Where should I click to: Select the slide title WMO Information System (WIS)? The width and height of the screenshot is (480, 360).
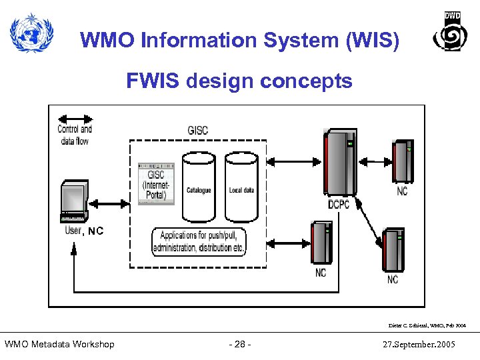coord(240,41)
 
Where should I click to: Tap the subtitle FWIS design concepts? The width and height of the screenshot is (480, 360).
coord(239,81)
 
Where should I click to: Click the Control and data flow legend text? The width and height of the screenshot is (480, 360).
coord(75,135)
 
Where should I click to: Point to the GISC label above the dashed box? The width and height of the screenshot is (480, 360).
coord(198,130)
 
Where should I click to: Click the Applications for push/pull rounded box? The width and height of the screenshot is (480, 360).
coord(199,242)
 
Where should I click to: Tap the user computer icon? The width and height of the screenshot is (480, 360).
coord(74,200)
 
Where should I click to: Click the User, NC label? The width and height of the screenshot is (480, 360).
coord(84,231)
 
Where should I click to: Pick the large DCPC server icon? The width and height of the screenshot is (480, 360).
coord(339,163)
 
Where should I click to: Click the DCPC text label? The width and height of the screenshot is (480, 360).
coord(339,204)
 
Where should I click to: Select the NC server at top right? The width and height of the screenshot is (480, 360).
coord(403,161)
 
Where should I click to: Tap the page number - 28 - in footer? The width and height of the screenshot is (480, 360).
coord(239,344)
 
